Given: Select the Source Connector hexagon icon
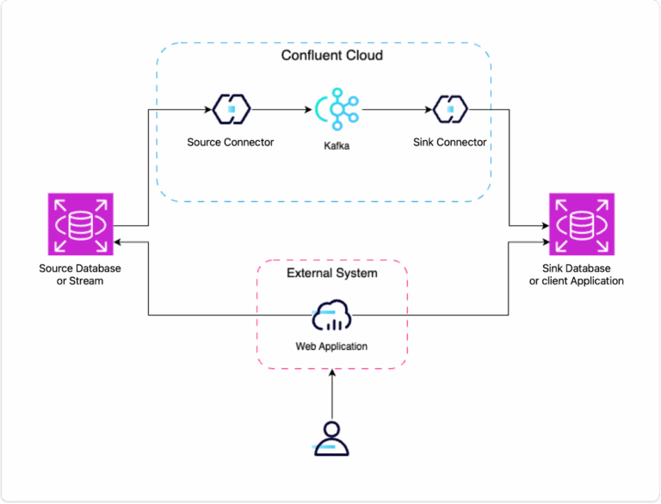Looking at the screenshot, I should (231, 109).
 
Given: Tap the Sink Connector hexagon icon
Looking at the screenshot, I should (449, 109).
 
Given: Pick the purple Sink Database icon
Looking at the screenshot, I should (583, 224).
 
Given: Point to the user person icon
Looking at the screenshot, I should (331, 437).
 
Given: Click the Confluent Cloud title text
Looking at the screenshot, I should (331, 56).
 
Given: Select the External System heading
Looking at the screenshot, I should (331, 274).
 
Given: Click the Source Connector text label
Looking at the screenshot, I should (231, 142).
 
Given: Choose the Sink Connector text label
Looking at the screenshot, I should (449, 142).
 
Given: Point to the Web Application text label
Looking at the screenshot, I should (331, 347).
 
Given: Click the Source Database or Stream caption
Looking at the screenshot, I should (80, 274).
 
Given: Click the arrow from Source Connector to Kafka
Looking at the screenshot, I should (280, 110).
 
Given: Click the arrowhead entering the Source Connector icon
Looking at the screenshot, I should (208, 110).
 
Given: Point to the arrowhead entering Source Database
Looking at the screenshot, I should (117, 243).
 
